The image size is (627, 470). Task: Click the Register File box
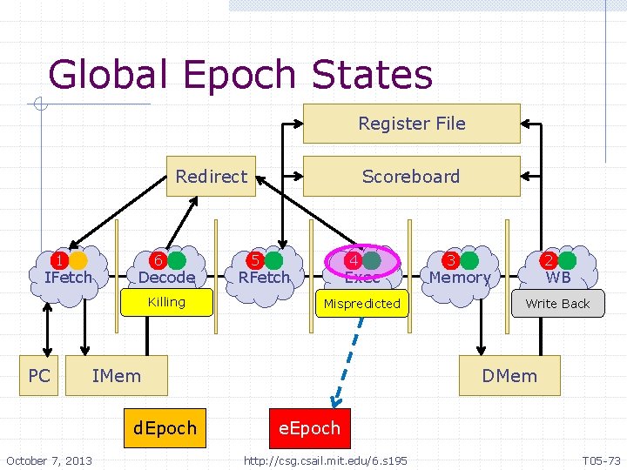411,124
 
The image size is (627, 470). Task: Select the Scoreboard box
411,176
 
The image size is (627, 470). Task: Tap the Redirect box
211,176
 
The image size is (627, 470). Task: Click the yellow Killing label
167,302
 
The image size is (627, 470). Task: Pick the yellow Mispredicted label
362,304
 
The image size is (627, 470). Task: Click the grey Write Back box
557,304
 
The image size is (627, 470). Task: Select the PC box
38,376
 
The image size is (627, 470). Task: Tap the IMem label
116,376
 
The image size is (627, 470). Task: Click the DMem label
509,376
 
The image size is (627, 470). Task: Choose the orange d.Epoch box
165,427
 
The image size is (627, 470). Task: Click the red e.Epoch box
309,427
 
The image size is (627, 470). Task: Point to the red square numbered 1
58,260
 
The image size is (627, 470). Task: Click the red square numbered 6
158,260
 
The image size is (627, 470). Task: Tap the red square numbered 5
255,260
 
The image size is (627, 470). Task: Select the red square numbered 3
450,260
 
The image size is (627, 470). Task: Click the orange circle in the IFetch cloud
78,260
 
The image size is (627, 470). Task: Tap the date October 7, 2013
49,460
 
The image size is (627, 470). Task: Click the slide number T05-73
601,460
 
